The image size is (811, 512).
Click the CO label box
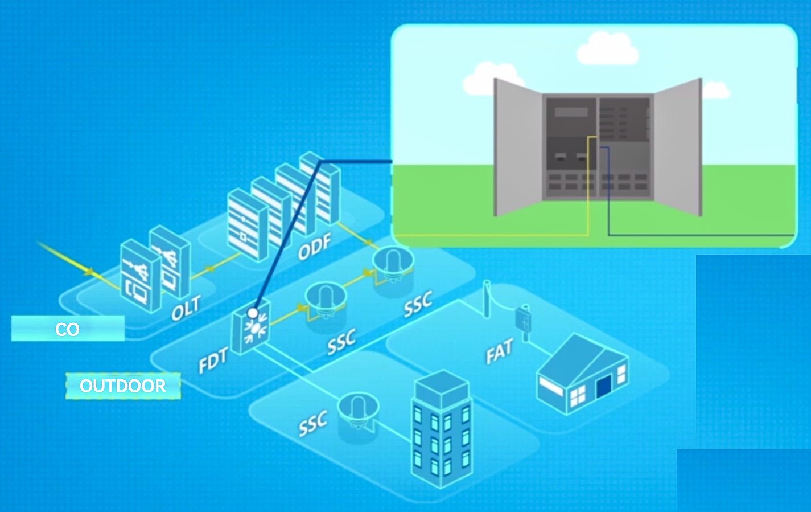click(x=68, y=329)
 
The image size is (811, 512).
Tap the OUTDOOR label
click(x=123, y=386)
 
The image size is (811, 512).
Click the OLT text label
click(x=186, y=308)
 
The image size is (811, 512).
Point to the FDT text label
click(x=213, y=361)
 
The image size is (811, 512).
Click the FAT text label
click(x=499, y=351)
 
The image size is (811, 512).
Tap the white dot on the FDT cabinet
click(x=253, y=313)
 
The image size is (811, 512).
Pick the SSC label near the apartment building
click(x=313, y=423)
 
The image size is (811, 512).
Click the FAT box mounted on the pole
click(x=523, y=319)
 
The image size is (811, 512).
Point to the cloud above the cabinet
click(x=607, y=49)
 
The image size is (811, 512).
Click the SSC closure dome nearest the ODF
click(x=393, y=262)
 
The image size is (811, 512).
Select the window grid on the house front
click(x=578, y=395)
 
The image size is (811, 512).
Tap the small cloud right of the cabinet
click(x=715, y=90)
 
